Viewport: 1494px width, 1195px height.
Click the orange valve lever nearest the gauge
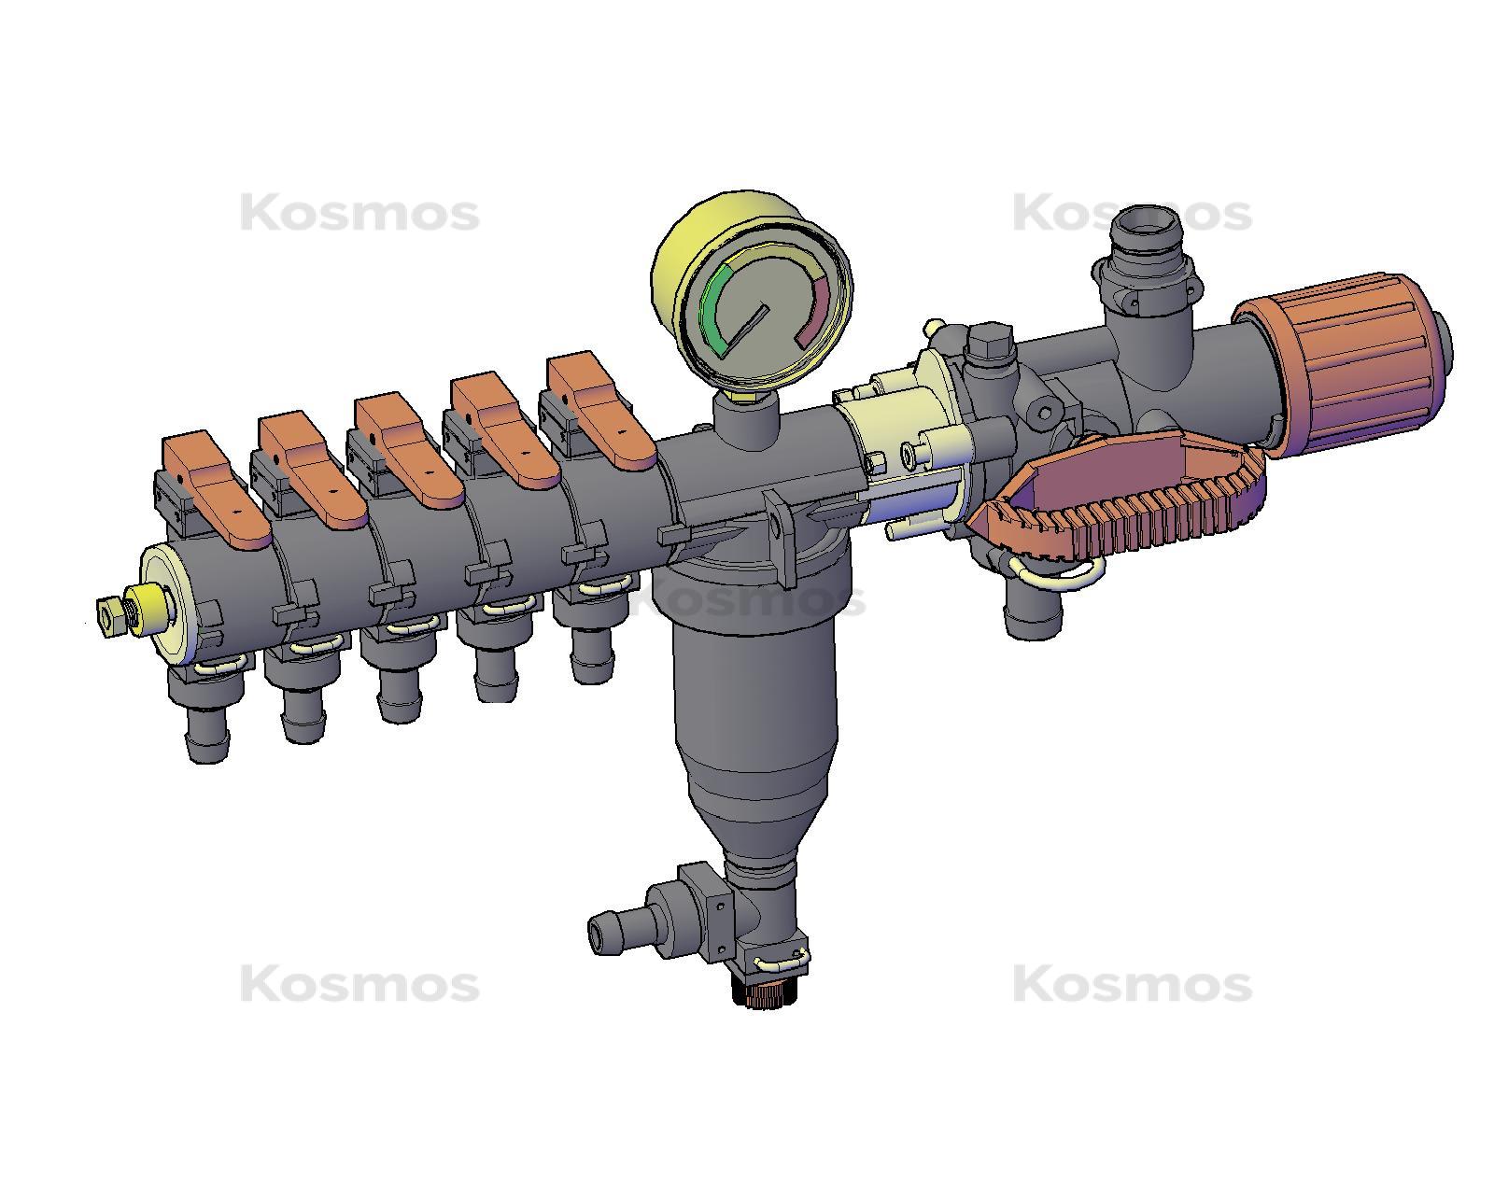coord(598,412)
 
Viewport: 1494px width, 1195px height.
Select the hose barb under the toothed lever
coord(1032,616)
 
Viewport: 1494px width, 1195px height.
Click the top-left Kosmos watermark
coord(359,214)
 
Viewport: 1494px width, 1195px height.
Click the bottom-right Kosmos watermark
coord(1132,985)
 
